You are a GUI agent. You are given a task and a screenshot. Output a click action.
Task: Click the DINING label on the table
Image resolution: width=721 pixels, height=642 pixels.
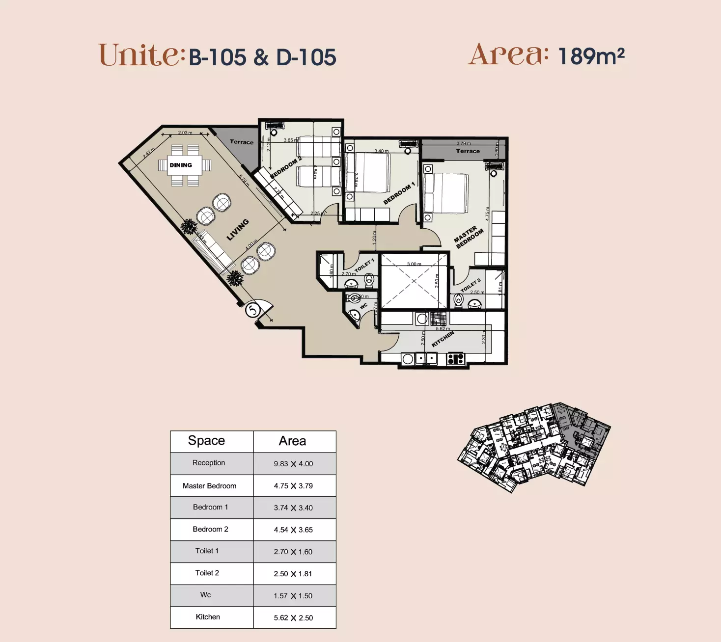(181, 165)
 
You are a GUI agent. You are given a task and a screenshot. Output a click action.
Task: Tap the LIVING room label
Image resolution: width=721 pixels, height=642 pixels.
(238, 230)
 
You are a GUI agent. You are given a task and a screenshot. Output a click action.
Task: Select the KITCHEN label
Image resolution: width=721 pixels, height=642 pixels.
(443, 339)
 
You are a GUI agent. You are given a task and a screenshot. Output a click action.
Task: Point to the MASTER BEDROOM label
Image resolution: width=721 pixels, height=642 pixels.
(469, 237)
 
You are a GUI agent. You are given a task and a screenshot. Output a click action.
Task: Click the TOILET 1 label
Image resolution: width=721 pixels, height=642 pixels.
(364, 266)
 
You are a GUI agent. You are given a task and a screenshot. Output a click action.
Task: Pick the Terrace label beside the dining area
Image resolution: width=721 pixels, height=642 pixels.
(241, 142)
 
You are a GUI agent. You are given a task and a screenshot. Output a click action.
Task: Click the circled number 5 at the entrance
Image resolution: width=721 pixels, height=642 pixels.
(253, 310)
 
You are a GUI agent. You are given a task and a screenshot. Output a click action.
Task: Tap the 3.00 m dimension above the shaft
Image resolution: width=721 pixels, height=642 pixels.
(414, 264)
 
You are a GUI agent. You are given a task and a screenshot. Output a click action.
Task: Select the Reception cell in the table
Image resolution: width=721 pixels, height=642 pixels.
(209, 463)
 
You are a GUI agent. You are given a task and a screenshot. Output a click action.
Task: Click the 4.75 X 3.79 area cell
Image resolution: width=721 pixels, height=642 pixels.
(293, 486)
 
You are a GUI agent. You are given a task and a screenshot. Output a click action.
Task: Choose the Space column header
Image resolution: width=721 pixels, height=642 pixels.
(206, 441)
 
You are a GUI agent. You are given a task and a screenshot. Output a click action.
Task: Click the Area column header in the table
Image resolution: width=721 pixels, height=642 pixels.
(292, 441)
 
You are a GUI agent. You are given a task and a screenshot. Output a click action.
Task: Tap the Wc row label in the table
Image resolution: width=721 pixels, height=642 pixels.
(206, 595)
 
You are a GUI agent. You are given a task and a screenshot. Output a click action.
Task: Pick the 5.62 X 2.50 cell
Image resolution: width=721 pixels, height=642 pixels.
(293, 618)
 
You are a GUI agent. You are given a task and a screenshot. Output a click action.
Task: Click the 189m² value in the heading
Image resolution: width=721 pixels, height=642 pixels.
(591, 56)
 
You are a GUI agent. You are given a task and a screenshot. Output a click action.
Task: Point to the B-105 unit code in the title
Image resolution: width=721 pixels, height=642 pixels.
(217, 57)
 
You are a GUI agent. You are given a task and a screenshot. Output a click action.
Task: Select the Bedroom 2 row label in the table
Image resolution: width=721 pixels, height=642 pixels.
(210, 529)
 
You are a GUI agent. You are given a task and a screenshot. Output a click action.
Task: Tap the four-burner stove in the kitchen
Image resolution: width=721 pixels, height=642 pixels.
(455, 359)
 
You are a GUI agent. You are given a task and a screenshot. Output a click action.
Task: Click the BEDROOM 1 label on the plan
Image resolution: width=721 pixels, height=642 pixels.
(399, 193)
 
